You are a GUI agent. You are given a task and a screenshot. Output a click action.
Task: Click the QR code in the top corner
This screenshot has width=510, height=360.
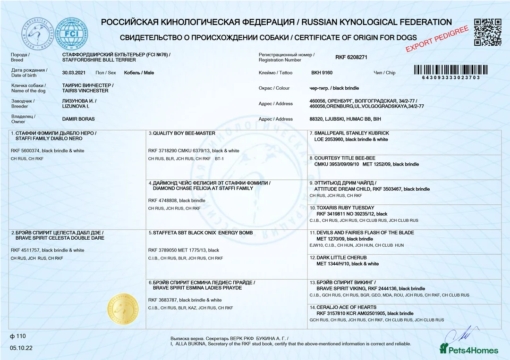pyautogui.click(x=487, y=32)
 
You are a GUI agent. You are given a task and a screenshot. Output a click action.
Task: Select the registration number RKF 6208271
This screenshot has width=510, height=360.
pyautogui.click(x=351, y=57)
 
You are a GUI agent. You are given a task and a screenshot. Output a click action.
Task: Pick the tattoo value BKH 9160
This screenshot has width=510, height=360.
pyautogui.click(x=322, y=73)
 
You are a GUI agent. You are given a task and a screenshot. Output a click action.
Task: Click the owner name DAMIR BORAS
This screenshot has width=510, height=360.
pyautogui.click(x=78, y=119)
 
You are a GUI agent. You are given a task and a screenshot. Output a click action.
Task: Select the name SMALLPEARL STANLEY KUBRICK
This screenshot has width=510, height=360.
pyautogui.click(x=351, y=133)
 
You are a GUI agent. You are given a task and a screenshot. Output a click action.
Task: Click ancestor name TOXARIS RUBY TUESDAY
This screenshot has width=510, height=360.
pyautogui.click(x=345, y=208)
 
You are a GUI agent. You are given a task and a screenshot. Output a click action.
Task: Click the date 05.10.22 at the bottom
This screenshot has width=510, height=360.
pyautogui.click(x=21, y=348)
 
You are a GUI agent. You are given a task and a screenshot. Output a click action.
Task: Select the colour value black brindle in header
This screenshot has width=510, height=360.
pyautogui.click(x=333, y=88)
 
